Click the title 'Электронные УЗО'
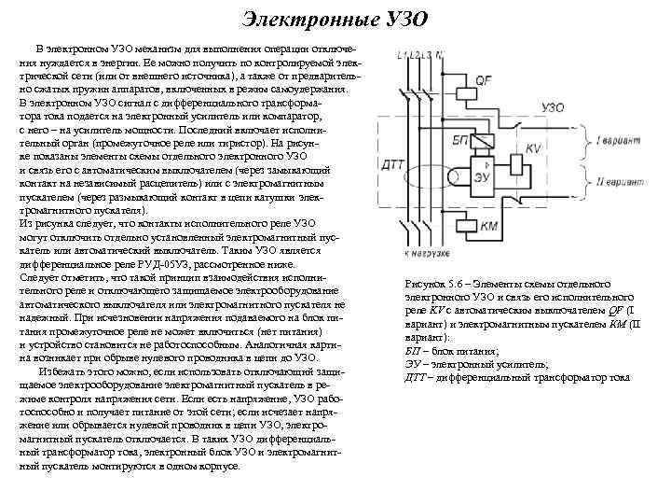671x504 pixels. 335,20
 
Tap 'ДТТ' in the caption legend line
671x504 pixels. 417,376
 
